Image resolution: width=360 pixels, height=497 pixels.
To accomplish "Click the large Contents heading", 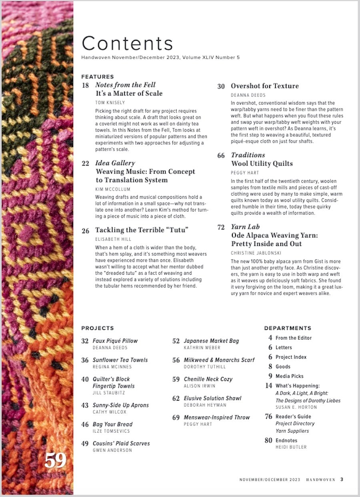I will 127,43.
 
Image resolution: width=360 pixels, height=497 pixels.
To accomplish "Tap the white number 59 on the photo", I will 55,461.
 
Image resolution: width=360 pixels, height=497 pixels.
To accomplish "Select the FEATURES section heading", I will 98,77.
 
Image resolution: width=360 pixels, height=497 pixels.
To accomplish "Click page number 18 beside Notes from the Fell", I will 85,85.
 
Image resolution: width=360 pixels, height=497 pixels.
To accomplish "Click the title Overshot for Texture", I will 264,86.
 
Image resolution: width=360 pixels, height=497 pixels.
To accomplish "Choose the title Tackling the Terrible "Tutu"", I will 142,230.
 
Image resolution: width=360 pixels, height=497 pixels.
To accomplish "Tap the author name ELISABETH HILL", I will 114,239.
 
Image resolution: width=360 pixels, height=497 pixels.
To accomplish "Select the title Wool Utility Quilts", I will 262,164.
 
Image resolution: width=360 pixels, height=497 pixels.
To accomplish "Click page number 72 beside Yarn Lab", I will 221,227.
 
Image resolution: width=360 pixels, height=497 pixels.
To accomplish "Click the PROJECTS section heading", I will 98,328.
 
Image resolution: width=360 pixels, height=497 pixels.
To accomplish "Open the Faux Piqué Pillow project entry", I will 115,341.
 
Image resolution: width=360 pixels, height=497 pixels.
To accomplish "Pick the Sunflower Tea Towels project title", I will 120,360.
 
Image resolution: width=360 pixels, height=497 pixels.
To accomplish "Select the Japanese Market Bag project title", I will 211,341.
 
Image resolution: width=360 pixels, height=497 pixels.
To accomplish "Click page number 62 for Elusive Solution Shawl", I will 176,399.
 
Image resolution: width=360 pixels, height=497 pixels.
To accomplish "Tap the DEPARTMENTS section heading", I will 288,328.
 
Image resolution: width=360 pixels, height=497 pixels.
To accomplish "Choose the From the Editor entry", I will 293,338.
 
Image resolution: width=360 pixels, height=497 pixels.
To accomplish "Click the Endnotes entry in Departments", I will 286,441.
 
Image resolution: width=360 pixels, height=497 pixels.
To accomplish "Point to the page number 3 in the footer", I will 342,479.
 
